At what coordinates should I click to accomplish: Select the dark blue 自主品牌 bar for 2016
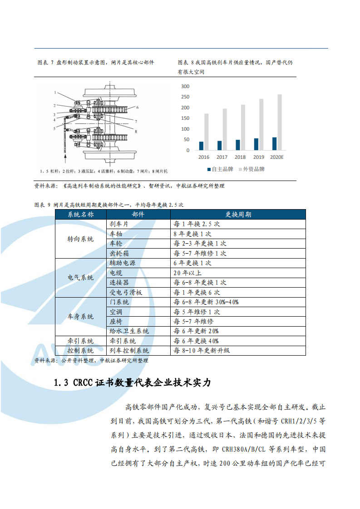point(201,146)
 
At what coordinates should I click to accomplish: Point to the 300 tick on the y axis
point(185,86)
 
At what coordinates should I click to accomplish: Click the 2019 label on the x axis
point(258,157)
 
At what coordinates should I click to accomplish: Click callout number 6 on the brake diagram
point(137,108)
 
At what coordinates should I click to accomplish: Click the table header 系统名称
point(81,215)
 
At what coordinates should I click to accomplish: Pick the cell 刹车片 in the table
point(119,224)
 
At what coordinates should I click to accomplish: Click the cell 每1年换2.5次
point(197,224)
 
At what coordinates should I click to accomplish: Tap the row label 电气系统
point(81,278)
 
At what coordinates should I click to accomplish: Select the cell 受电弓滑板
point(126,293)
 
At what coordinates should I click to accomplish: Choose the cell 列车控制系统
point(129,351)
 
